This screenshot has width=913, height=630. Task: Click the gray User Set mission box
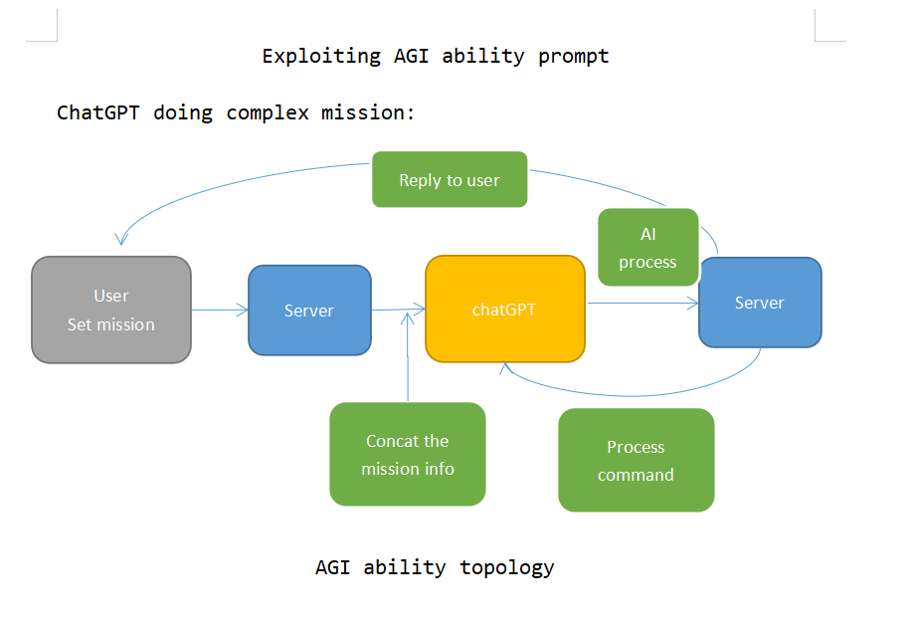click(x=111, y=310)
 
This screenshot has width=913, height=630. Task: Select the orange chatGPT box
click(x=504, y=310)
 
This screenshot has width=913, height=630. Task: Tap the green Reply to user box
click(x=450, y=180)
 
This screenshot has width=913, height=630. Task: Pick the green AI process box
click(x=647, y=248)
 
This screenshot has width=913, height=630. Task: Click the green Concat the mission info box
click(x=408, y=455)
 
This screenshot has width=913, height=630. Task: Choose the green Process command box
click(x=637, y=461)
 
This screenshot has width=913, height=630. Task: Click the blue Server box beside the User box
click(x=309, y=310)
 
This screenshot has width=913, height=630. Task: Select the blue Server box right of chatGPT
click(x=760, y=303)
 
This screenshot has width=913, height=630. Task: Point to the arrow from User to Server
click(x=219, y=311)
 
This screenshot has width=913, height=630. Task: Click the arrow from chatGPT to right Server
click(x=641, y=304)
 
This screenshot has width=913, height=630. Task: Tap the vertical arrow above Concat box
click(x=409, y=358)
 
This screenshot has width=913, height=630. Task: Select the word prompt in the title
click(x=574, y=56)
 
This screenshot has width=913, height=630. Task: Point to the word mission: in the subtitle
click(x=367, y=112)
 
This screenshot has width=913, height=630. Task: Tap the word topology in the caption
click(x=507, y=568)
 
